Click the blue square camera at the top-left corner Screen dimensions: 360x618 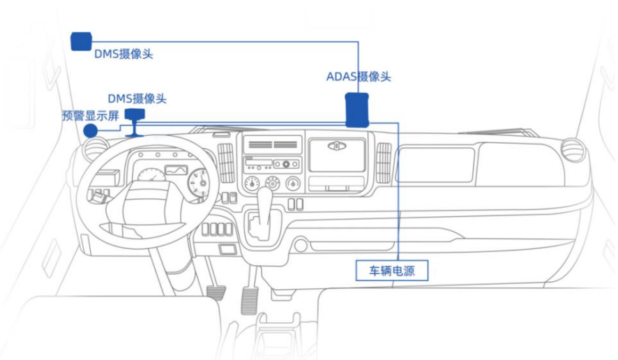pos(82,40)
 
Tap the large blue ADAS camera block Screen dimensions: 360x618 pos(359,109)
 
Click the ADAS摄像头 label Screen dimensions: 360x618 pos(359,77)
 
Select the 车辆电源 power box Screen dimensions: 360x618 pos(392,270)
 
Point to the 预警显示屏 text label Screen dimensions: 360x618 pos(91,115)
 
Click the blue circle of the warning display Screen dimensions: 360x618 pos(90,131)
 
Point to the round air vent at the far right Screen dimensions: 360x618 pos(573,150)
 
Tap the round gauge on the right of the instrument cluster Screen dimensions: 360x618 pos(198,182)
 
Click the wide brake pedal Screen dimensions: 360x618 pos(216,289)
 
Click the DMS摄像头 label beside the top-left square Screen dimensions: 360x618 pos(123,54)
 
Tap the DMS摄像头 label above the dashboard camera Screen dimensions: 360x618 pos(137,99)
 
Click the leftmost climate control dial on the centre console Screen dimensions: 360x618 pos(250,183)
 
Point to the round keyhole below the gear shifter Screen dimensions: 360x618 pos(301,246)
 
